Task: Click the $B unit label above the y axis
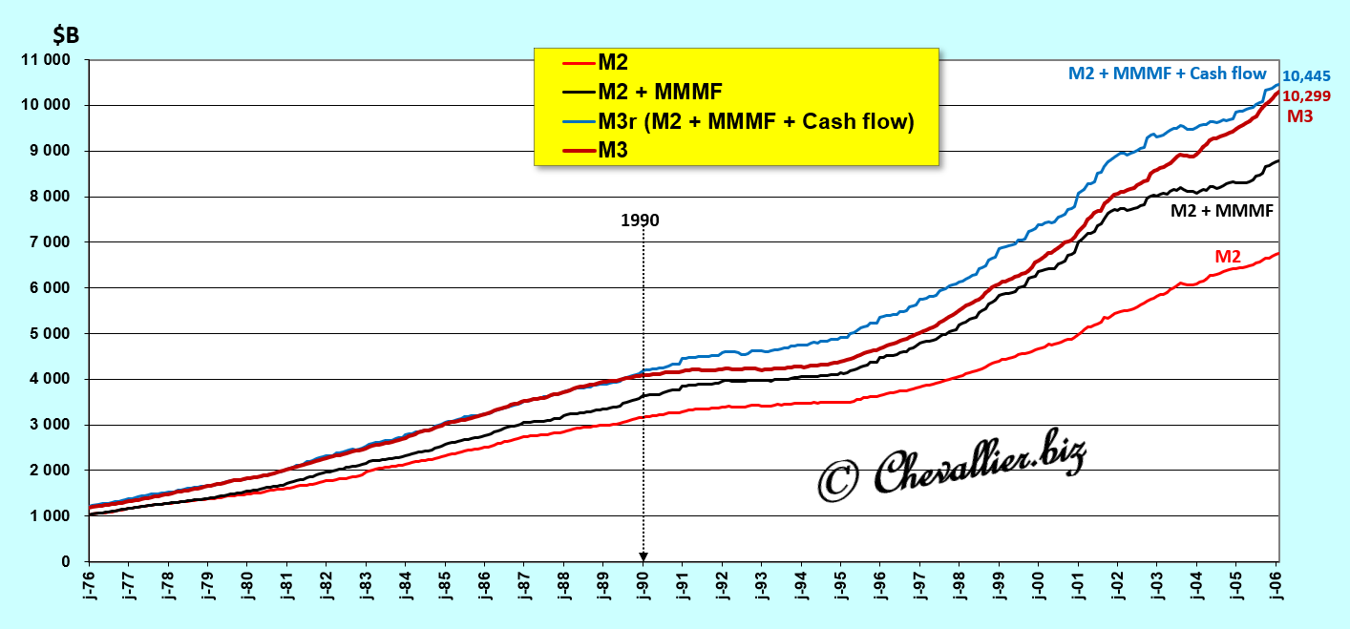pyautogui.click(x=66, y=36)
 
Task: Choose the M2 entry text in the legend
pyautogui.click(x=613, y=63)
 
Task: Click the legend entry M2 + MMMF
pyautogui.click(x=660, y=92)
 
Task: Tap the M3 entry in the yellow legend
pyautogui.click(x=613, y=150)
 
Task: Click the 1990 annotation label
pyautogui.click(x=640, y=220)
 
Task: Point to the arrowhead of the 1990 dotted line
pyautogui.click(x=643, y=556)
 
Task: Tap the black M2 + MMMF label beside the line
pyautogui.click(x=1221, y=211)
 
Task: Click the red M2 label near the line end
pyautogui.click(x=1227, y=257)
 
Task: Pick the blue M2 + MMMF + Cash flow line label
pyautogui.click(x=1167, y=73)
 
